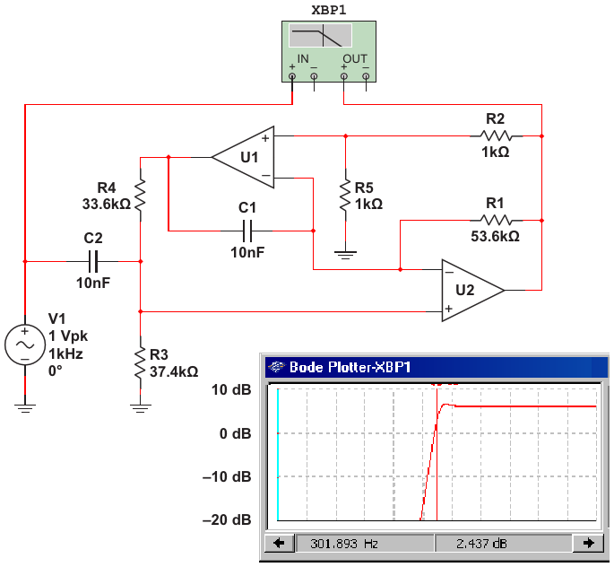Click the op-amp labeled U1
(x=243, y=157)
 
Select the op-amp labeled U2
(x=473, y=291)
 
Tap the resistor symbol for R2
(x=497, y=136)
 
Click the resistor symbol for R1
(x=497, y=220)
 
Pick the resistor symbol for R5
(x=345, y=196)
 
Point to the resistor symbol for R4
(x=140, y=195)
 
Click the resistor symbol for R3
(x=140, y=362)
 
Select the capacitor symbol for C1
(x=247, y=231)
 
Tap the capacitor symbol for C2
(x=93, y=261)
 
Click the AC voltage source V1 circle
(x=25, y=345)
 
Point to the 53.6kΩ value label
(x=496, y=237)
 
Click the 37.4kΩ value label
(x=174, y=371)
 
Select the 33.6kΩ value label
(x=107, y=205)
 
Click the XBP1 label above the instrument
(x=329, y=10)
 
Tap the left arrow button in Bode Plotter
(x=279, y=543)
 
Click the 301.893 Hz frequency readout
(x=344, y=544)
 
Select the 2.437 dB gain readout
(x=481, y=544)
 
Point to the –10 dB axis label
(x=227, y=477)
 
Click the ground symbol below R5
(x=345, y=255)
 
